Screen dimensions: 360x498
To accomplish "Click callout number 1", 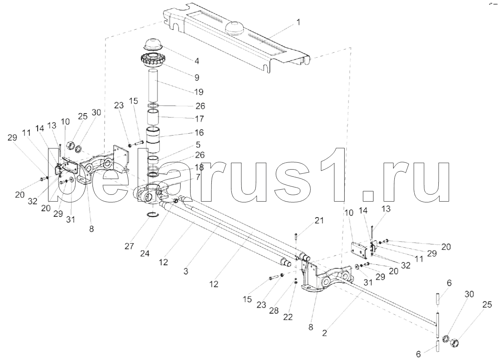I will pos(297,22).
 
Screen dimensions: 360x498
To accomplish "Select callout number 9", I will pos(197,76).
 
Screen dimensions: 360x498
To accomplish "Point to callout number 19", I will pos(199,92).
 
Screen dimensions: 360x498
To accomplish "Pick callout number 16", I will pos(199,132).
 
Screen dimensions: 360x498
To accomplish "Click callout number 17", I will pos(199,119).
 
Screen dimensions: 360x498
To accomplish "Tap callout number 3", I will pos(186,271).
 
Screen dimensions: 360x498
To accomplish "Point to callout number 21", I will pos(319,220).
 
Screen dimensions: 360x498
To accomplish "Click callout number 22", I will pos(287,317).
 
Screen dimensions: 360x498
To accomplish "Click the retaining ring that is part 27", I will pos(152,216).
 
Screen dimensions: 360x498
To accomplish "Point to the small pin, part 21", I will pos(295,237).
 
